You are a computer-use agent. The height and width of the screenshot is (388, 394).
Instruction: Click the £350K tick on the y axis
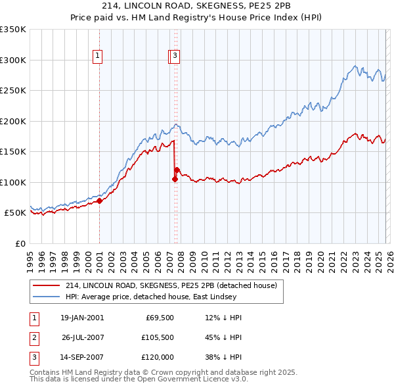[x=12, y=30]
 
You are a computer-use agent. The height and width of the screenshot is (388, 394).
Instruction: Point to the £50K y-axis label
[x=15, y=213]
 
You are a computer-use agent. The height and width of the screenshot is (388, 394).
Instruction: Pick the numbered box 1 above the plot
[x=97, y=57]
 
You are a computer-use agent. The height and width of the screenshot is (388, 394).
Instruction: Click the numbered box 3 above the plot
[x=176, y=57]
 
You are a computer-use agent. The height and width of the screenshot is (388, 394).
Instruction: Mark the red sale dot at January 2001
[x=100, y=201]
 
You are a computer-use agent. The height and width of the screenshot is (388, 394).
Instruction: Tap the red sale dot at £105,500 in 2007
[x=175, y=179]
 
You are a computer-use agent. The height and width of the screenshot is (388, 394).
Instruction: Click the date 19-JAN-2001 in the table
[x=82, y=318]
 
